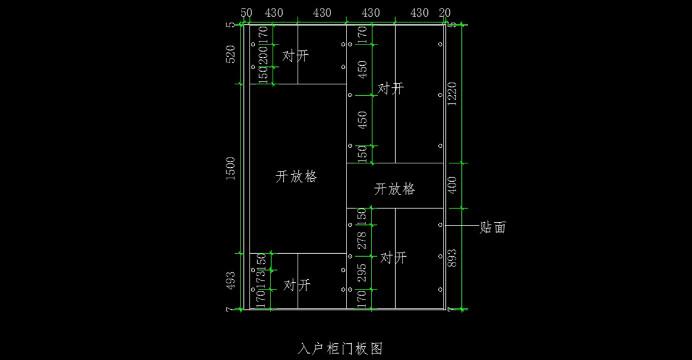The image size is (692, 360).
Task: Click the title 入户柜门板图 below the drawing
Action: [x=340, y=348]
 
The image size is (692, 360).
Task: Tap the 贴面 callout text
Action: [x=492, y=227]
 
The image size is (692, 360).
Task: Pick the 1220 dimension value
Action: [x=452, y=93]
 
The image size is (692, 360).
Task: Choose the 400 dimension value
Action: [x=452, y=185]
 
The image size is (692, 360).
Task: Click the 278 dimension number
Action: [x=362, y=240]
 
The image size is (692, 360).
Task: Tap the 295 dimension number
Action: [x=362, y=273]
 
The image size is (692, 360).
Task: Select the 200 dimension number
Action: [x=263, y=56]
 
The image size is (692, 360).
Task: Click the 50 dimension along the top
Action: [x=246, y=13]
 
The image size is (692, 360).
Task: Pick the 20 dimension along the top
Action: [x=445, y=13]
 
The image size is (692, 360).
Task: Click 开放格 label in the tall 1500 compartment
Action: [x=297, y=177]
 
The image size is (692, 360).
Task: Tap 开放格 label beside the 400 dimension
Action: [x=395, y=189]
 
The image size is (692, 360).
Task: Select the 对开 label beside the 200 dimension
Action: [x=295, y=57]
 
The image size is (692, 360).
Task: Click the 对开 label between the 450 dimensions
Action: [x=390, y=89]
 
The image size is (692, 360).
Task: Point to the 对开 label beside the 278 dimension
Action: [x=393, y=258]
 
